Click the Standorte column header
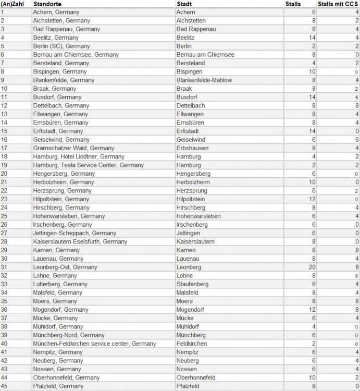pyautogui.click(x=48, y=4)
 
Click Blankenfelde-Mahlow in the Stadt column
pyautogui.click(x=205, y=80)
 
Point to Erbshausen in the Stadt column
pyautogui.click(x=193, y=148)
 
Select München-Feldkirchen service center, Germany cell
pyautogui.click(x=94, y=343)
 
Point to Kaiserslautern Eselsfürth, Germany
pyautogui.click(x=80, y=241)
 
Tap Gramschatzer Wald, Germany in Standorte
pyautogui.click(x=73, y=148)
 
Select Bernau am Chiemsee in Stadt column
pyautogui.click(x=206, y=55)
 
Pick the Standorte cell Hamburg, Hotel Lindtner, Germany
pyautogui.click(x=79, y=156)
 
